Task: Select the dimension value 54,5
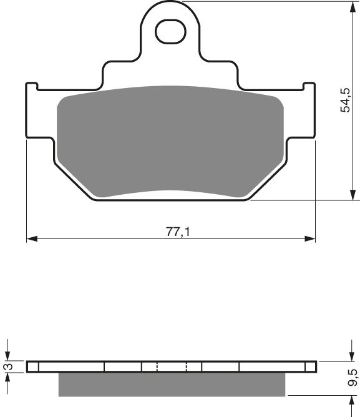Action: point(345,100)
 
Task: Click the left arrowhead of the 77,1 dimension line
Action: point(31,238)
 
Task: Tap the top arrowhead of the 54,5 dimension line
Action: point(348,6)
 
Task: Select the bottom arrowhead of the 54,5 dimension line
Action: point(348,196)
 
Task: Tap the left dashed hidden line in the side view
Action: point(157,367)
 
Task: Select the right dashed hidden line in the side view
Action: point(187,367)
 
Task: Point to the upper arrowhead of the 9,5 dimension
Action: point(348,356)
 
